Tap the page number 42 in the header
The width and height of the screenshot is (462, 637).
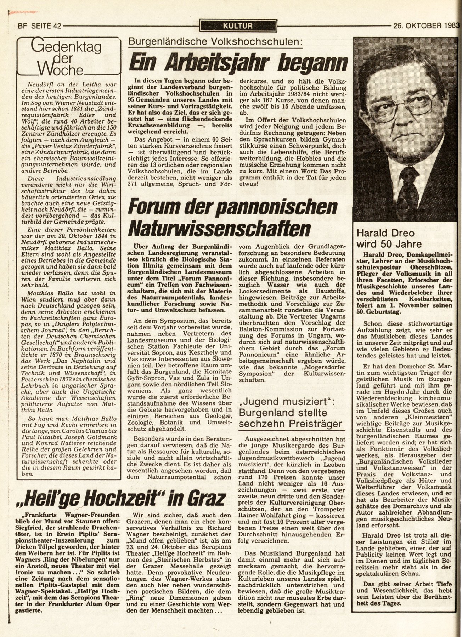tap(57, 25)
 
